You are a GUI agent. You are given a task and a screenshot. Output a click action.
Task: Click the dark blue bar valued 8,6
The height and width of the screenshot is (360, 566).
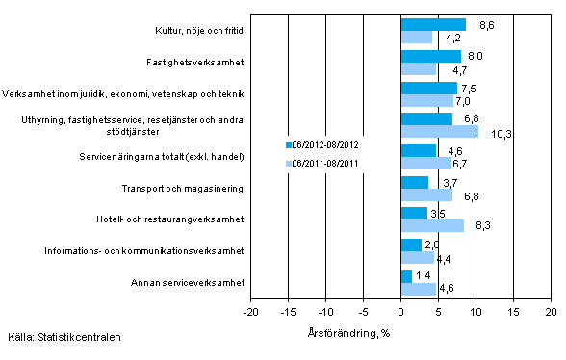[433, 25]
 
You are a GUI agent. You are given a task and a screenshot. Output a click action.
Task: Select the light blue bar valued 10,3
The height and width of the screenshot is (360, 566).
[439, 132]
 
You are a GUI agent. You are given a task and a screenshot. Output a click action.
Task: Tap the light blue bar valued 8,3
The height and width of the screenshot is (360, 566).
[432, 226]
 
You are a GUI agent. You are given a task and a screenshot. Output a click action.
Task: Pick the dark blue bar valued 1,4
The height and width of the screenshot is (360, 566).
[406, 277]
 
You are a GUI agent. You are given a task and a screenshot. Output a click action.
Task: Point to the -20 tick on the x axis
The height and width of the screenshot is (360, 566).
[251, 313]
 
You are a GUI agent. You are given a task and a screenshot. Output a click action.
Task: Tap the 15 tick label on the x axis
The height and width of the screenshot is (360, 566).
[513, 313]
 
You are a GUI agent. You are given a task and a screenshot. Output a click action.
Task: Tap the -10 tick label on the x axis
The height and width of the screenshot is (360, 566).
[326, 313]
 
